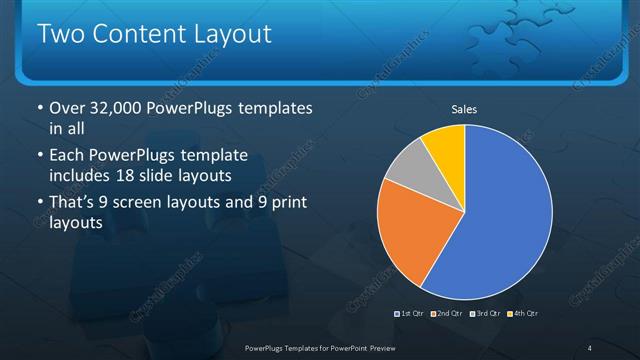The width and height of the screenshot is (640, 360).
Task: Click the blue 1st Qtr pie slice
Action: point(505,210)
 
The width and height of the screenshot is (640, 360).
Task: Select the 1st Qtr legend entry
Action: point(410,314)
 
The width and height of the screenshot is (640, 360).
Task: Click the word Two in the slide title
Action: point(59,35)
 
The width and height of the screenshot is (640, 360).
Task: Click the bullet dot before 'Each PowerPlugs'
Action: point(38,156)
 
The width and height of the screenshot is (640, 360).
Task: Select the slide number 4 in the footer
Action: point(590,347)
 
